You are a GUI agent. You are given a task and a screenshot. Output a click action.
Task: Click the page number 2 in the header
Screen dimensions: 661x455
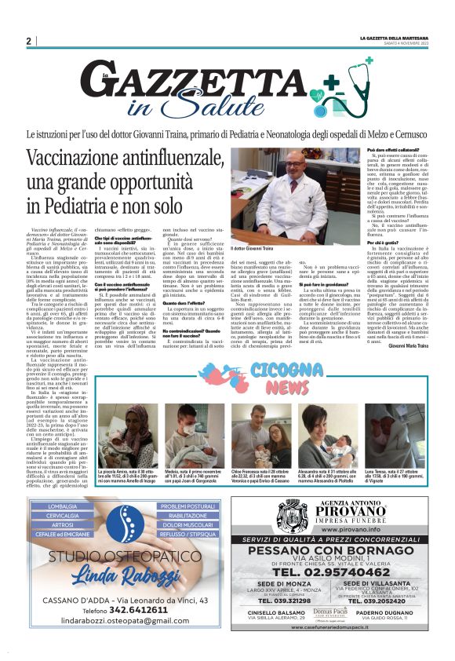coord(28,41)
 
